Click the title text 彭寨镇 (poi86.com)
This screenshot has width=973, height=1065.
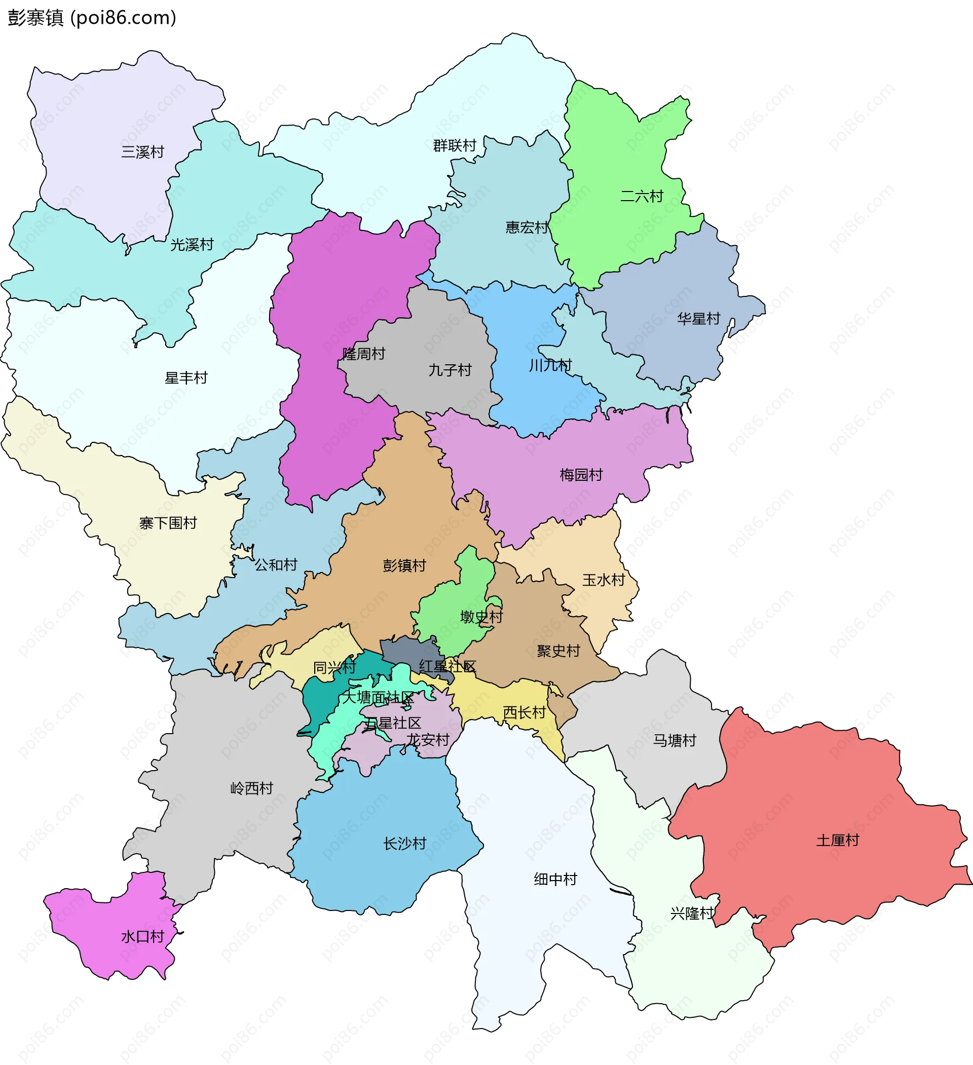coord(92,18)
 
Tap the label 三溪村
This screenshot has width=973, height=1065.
coord(143,152)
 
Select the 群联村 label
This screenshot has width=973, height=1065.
coord(455,145)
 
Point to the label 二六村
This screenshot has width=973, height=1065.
coord(642,197)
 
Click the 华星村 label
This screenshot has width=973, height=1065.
coord(699,319)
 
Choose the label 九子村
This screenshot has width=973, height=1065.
coord(450,370)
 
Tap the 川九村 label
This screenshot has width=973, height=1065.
coord(550,365)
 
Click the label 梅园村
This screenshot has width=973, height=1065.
coord(581,475)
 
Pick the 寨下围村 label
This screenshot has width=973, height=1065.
coord(168,523)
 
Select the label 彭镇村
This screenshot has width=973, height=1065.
coord(404,566)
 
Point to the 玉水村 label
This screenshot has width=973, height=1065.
coord(604,580)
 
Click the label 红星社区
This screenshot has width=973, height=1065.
coord(447,667)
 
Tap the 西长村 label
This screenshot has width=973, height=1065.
coord(524,713)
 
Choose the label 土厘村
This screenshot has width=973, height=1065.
coord(838,840)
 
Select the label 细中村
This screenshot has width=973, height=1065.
coord(555,879)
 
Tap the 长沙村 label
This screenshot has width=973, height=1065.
coord(404,844)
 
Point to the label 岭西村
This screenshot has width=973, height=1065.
coord(251,789)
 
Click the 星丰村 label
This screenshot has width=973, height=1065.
coord(186,378)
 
